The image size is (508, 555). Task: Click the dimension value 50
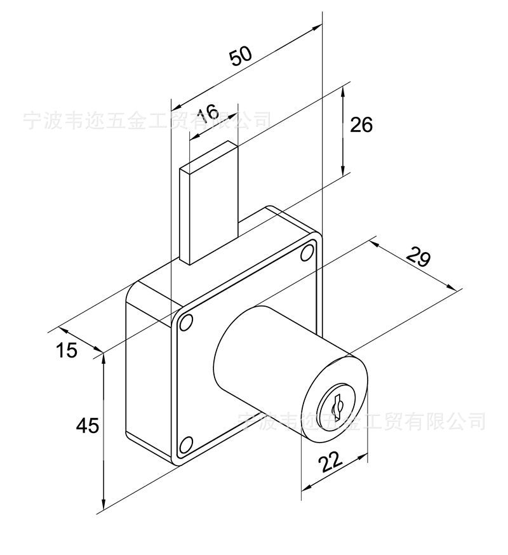[x=241, y=56]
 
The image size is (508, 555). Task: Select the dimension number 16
[x=207, y=114]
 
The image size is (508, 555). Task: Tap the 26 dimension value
[x=361, y=124]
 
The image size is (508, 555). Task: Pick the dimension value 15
[x=65, y=349]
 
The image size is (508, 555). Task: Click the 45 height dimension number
[x=88, y=425]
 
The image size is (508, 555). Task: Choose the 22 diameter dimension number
[x=331, y=462]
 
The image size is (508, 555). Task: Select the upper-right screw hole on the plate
[x=307, y=253]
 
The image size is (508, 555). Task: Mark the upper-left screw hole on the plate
[x=185, y=324]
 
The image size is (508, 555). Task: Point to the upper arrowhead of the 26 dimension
[x=344, y=90]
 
